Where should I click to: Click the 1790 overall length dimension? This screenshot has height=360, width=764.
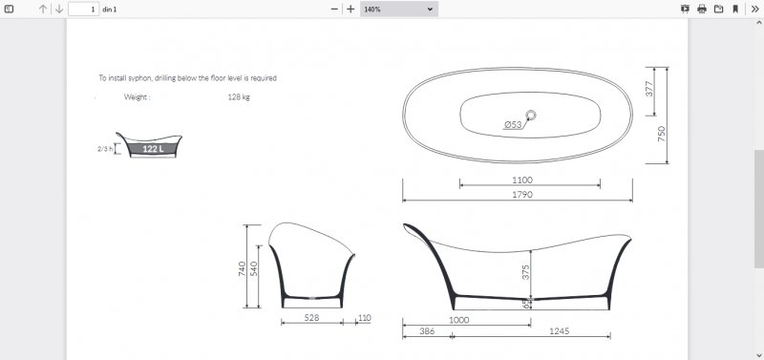coord(521,195)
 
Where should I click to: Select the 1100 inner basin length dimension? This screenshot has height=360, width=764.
coord(521,180)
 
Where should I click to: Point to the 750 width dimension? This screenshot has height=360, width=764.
coord(661,134)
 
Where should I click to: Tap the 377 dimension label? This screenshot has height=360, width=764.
coord(649,89)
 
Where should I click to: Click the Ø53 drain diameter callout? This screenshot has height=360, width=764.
coord(513,125)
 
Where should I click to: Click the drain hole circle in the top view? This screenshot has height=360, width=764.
coord(531,116)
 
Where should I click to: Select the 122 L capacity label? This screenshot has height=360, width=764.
coord(153,149)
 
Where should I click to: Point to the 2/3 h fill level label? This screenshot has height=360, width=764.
coord(105,149)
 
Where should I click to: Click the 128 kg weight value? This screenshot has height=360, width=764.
coord(239,97)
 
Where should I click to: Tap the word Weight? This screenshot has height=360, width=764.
coord(137,97)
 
